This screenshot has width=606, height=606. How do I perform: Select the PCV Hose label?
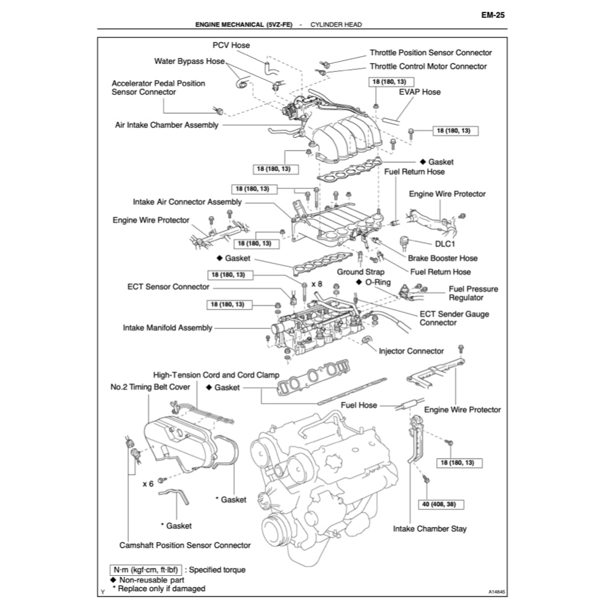231,45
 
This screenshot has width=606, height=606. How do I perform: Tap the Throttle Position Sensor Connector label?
430,53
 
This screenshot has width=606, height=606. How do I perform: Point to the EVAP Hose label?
420,92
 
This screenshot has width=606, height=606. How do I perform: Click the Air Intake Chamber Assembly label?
166,125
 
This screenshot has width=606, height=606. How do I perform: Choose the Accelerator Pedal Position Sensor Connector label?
158,88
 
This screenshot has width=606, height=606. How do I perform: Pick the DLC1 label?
447,243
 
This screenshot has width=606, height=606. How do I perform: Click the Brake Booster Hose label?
442,258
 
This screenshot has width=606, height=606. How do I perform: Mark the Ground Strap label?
360,272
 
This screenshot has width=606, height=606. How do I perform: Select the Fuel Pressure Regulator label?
473,293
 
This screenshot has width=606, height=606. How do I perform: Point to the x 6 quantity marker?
148,483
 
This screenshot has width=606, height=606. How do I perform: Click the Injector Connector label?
411,351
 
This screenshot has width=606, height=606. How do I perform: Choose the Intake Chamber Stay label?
430,528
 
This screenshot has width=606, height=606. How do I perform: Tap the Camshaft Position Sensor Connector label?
185,545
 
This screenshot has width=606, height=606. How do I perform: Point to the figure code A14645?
497,591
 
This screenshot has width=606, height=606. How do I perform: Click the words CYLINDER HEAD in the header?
336,25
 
